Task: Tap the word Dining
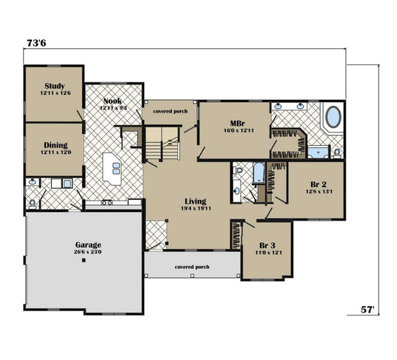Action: pyautogui.click(x=55, y=144)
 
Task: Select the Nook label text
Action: pyautogui.click(x=113, y=101)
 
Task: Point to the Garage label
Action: pyautogui.click(x=87, y=244)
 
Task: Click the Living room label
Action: pyautogui.click(x=196, y=201)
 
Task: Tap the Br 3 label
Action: pyautogui.click(x=267, y=245)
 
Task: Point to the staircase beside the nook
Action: pyautogui.click(x=161, y=142)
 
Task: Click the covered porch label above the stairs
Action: pyautogui.click(x=170, y=111)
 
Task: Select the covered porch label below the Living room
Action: pyautogui.click(x=191, y=266)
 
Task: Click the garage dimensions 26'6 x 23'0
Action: pyautogui.click(x=87, y=253)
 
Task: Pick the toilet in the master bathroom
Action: pyautogui.click(x=336, y=153)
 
